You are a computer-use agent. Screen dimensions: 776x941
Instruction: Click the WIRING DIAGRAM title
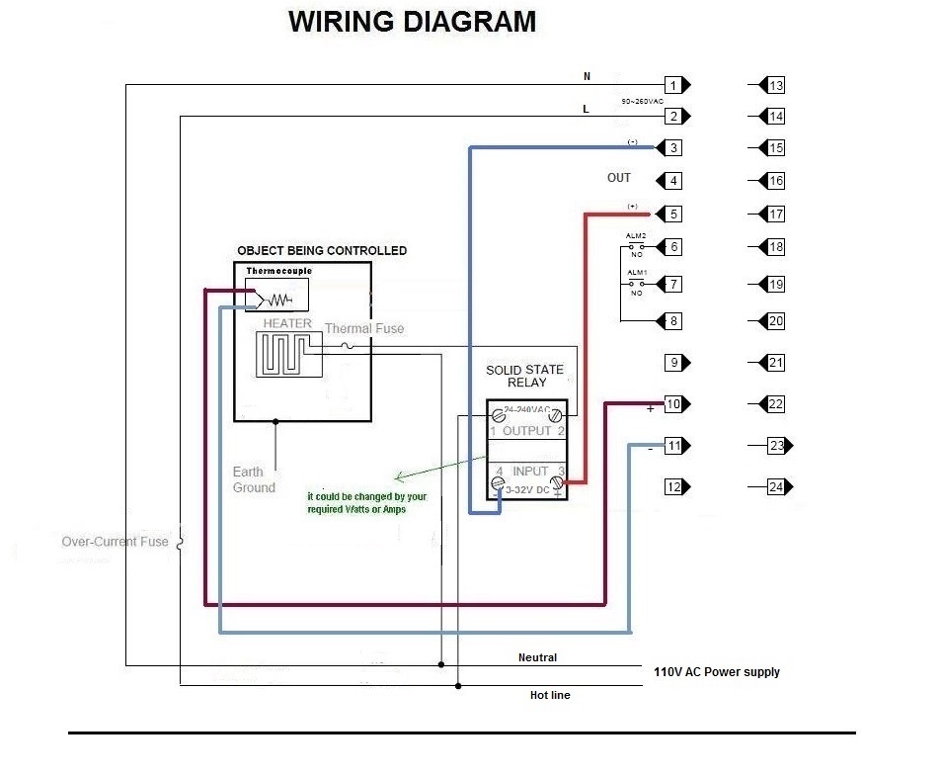tap(412, 22)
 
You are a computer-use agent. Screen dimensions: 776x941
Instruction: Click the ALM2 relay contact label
tap(636, 235)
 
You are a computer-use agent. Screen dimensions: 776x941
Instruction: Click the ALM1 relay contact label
tap(636, 273)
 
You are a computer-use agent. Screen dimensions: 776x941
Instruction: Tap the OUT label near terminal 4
tap(618, 178)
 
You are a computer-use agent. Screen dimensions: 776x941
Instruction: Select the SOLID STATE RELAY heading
tap(524, 376)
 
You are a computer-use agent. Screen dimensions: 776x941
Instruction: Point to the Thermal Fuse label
tap(363, 328)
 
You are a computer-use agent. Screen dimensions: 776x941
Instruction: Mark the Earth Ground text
tap(254, 479)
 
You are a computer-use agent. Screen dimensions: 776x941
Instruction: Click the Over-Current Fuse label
tap(115, 542)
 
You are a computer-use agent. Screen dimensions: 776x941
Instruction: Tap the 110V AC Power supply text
tap(716, 672)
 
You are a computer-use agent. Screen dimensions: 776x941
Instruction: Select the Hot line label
tap(550, 695)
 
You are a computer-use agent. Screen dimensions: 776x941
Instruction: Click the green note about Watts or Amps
tap(367, 502)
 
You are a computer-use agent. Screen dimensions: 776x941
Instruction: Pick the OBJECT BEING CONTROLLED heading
tap(321, 251)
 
